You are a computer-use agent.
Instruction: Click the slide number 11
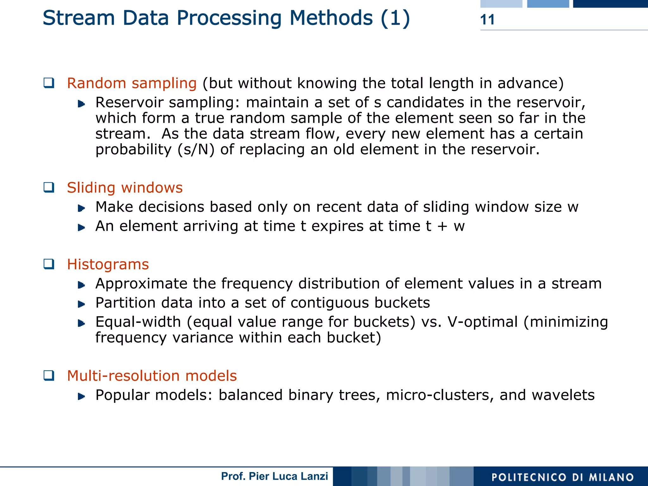pos(487,20)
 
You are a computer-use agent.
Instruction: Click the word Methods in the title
pos(331,18)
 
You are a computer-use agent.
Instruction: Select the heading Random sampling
pos(132,83)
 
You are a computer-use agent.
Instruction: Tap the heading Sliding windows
pos(125,188)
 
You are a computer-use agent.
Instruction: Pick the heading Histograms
pos(108,264)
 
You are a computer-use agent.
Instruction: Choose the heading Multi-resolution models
pos(152,376)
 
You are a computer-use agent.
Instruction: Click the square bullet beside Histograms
pos(49,264)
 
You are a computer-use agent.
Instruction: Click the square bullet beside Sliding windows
pos(49,187)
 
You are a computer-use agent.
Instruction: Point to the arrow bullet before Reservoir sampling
pos(81,103)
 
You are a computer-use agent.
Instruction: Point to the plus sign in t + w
pos(442,226)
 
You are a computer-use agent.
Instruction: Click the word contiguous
pos(330,303)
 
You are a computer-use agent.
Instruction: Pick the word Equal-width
pos(138,322)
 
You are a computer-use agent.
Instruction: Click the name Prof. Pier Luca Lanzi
pos(274,476)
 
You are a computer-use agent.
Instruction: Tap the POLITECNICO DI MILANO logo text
pos(563,477)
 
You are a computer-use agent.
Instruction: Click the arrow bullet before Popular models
pos(81,396)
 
